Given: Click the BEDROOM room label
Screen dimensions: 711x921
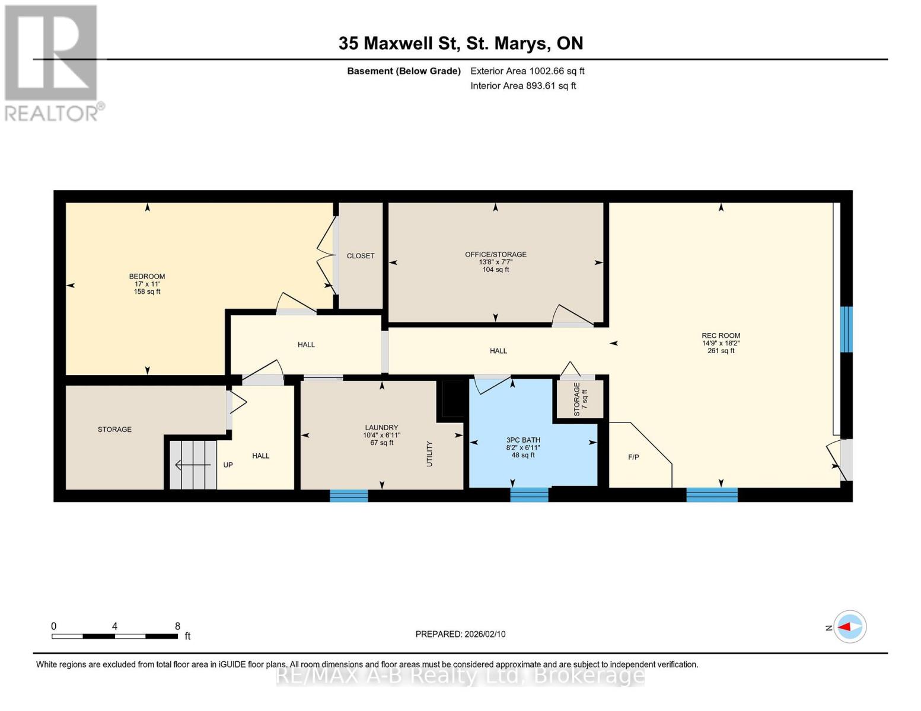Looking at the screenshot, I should [147, 276].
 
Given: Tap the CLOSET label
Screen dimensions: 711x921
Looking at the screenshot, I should [361, 256].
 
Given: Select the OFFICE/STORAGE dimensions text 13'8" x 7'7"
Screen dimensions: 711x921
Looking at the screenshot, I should [495, 262].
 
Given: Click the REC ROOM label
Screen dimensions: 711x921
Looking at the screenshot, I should [721, 335].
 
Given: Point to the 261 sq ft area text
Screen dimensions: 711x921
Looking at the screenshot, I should [721, 351].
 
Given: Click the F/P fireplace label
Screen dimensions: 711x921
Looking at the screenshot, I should [633, 457].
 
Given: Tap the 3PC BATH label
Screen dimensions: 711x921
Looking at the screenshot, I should [523, 440].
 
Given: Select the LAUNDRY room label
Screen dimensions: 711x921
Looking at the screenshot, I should [381, 428].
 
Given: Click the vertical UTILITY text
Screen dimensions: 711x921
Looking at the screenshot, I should [430, 454].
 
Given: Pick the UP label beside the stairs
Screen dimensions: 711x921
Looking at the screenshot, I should [228, 465].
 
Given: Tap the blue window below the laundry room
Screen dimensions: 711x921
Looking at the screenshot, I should [349, 496].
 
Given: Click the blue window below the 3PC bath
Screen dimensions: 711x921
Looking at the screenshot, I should [529, 495].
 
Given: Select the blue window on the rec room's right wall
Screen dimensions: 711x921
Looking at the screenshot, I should [846, 329].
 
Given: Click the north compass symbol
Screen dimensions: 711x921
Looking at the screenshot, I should [850, 627].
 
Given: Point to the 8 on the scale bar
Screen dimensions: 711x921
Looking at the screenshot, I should [177, 626].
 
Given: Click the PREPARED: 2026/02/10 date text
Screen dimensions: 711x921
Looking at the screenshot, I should [460, 634].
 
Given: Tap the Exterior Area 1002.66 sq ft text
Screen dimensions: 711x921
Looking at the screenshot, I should [527, 71].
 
